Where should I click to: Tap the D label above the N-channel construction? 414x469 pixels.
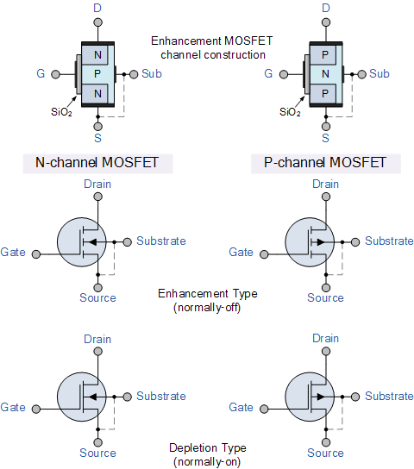point(97,8)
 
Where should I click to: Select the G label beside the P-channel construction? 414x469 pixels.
point(268,74)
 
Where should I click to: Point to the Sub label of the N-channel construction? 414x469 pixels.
point(152,74)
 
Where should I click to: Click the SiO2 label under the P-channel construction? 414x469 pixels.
point(291,112)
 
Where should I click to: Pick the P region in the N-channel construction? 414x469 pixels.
point(98,74)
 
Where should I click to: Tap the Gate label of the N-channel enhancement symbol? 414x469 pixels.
point(13,253)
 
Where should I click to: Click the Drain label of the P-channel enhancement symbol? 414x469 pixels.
point(326,184)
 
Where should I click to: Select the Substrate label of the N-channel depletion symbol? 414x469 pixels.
point(161,397)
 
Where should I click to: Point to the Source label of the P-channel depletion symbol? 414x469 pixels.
point(326,453)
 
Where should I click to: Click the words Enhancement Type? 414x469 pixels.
point(208,294)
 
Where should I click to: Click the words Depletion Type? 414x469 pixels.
point(208,448)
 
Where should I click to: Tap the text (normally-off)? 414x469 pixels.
point(208,307)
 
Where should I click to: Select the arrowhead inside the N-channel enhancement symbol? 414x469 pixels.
point(93,241)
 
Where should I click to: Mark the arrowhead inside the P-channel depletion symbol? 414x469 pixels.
point(320,397)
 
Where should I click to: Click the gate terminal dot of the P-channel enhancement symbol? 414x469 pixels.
point(263,253)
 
